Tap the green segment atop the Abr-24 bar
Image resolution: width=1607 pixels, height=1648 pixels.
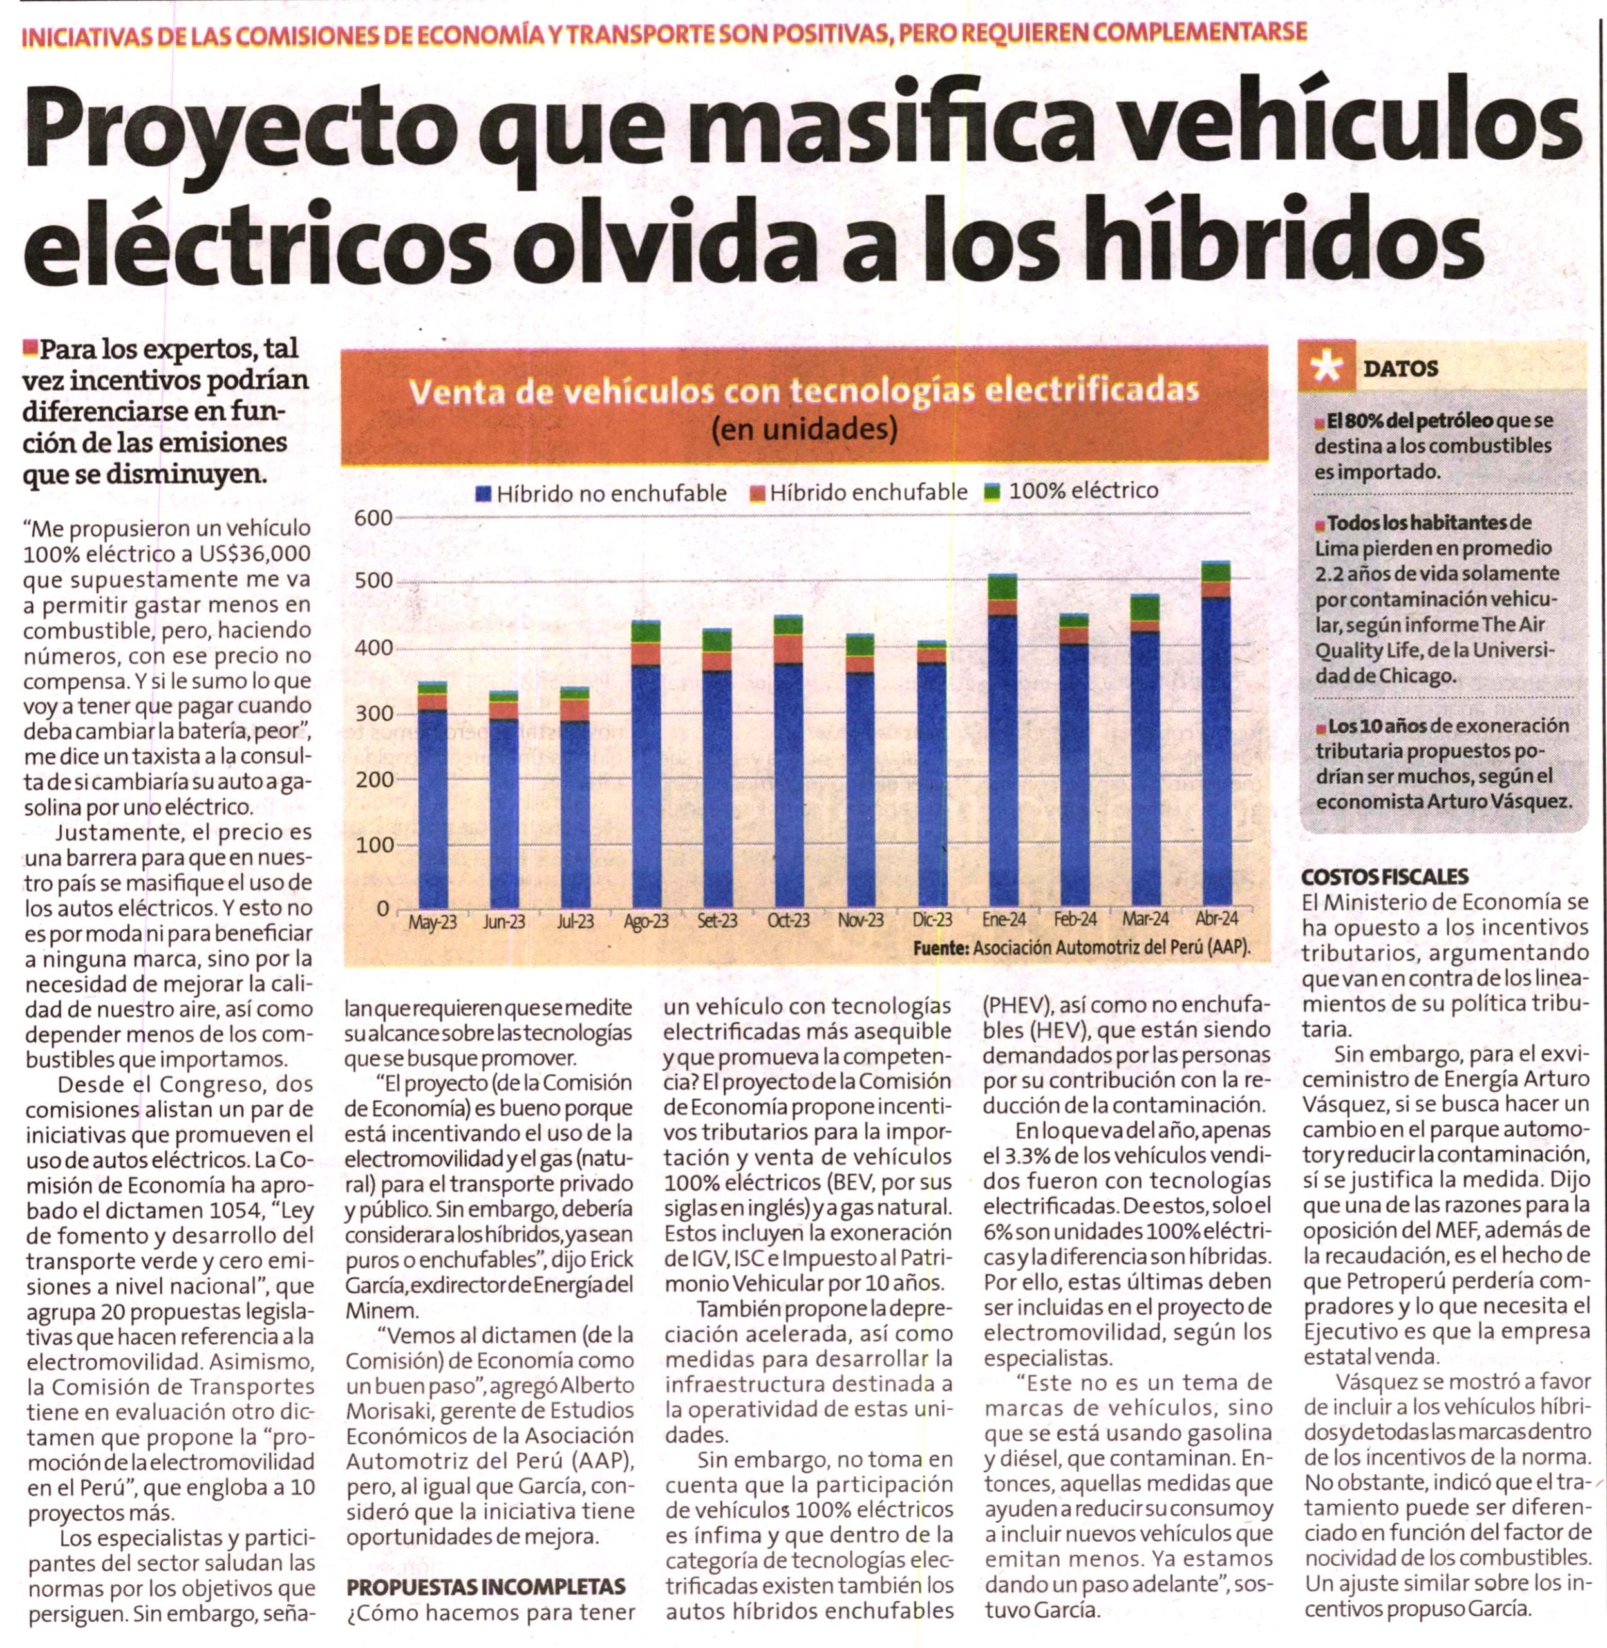pyautogui.click(x=1216, y=572)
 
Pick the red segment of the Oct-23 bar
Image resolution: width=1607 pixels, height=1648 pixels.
pyautogui.click(x=788, y=648)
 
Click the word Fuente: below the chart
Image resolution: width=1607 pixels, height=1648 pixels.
pyautogui.click(x=941, y=948)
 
